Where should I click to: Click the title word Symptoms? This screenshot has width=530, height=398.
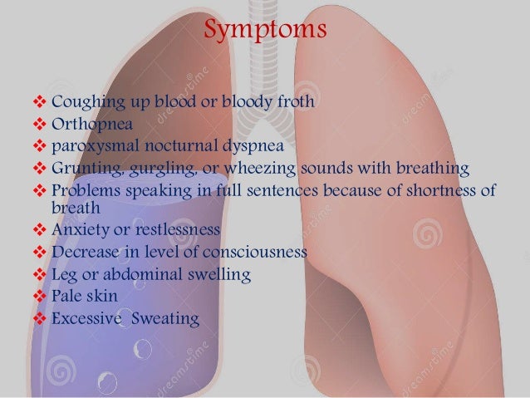point(264,33)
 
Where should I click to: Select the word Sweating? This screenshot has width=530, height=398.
point(170,317)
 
